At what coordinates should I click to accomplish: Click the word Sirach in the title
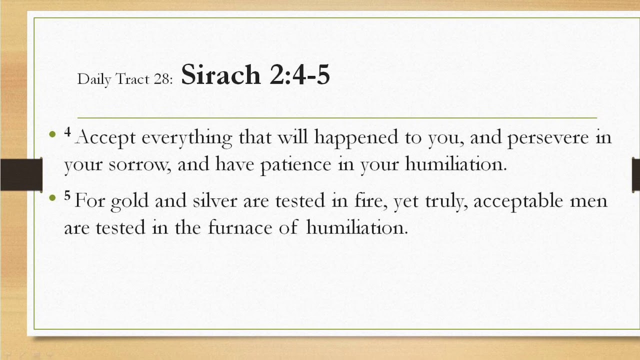(x=220, y=75)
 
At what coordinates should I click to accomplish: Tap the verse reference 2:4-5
(x=299, y=75)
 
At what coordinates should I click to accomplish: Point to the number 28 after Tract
(x=161, y=79)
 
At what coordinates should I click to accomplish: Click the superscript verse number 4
(x=67, y=132)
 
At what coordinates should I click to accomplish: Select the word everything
(x=186, y=137)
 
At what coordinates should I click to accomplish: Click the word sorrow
(x=140, y=164)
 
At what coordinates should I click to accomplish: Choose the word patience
(x=295, y=164)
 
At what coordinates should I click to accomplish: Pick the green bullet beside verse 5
(x=53, y=198)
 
